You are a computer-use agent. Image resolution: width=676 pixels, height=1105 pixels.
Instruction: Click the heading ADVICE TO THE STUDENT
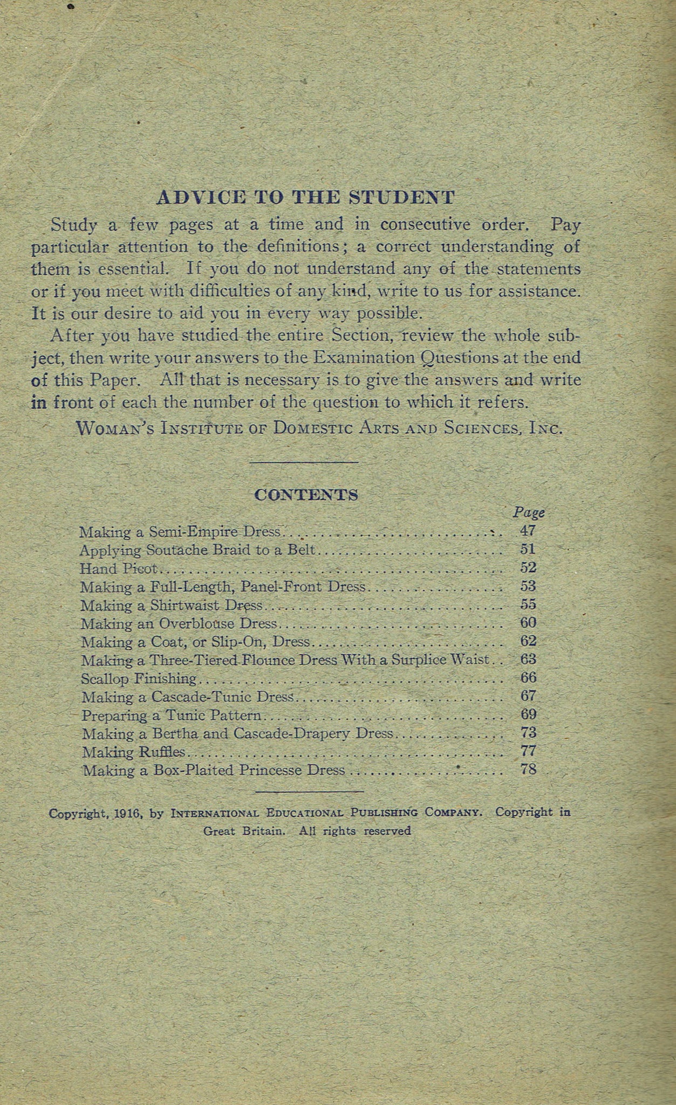coord(305,197)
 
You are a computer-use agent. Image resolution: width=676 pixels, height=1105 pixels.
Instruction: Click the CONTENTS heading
coord(306,495)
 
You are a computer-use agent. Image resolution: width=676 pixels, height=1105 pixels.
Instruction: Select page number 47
coord(528,531)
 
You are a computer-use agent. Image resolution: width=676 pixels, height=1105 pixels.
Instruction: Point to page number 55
coord(528,604)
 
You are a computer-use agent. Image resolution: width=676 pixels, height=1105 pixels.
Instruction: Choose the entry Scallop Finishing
coord(139,678)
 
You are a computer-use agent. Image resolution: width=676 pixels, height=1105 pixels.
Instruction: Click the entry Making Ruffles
coord(133,752)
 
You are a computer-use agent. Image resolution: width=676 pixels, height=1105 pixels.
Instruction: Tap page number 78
coord(528,769)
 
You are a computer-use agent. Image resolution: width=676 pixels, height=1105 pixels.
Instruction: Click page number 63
coord(528,659)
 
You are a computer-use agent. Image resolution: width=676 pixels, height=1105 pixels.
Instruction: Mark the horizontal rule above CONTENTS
coord(305,462)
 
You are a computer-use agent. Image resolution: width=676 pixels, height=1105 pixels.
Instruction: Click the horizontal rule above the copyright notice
coord(309,792)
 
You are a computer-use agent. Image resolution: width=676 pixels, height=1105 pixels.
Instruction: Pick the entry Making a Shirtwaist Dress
coord(172,605)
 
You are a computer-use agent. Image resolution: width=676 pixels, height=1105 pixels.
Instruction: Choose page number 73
coord(528,733)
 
